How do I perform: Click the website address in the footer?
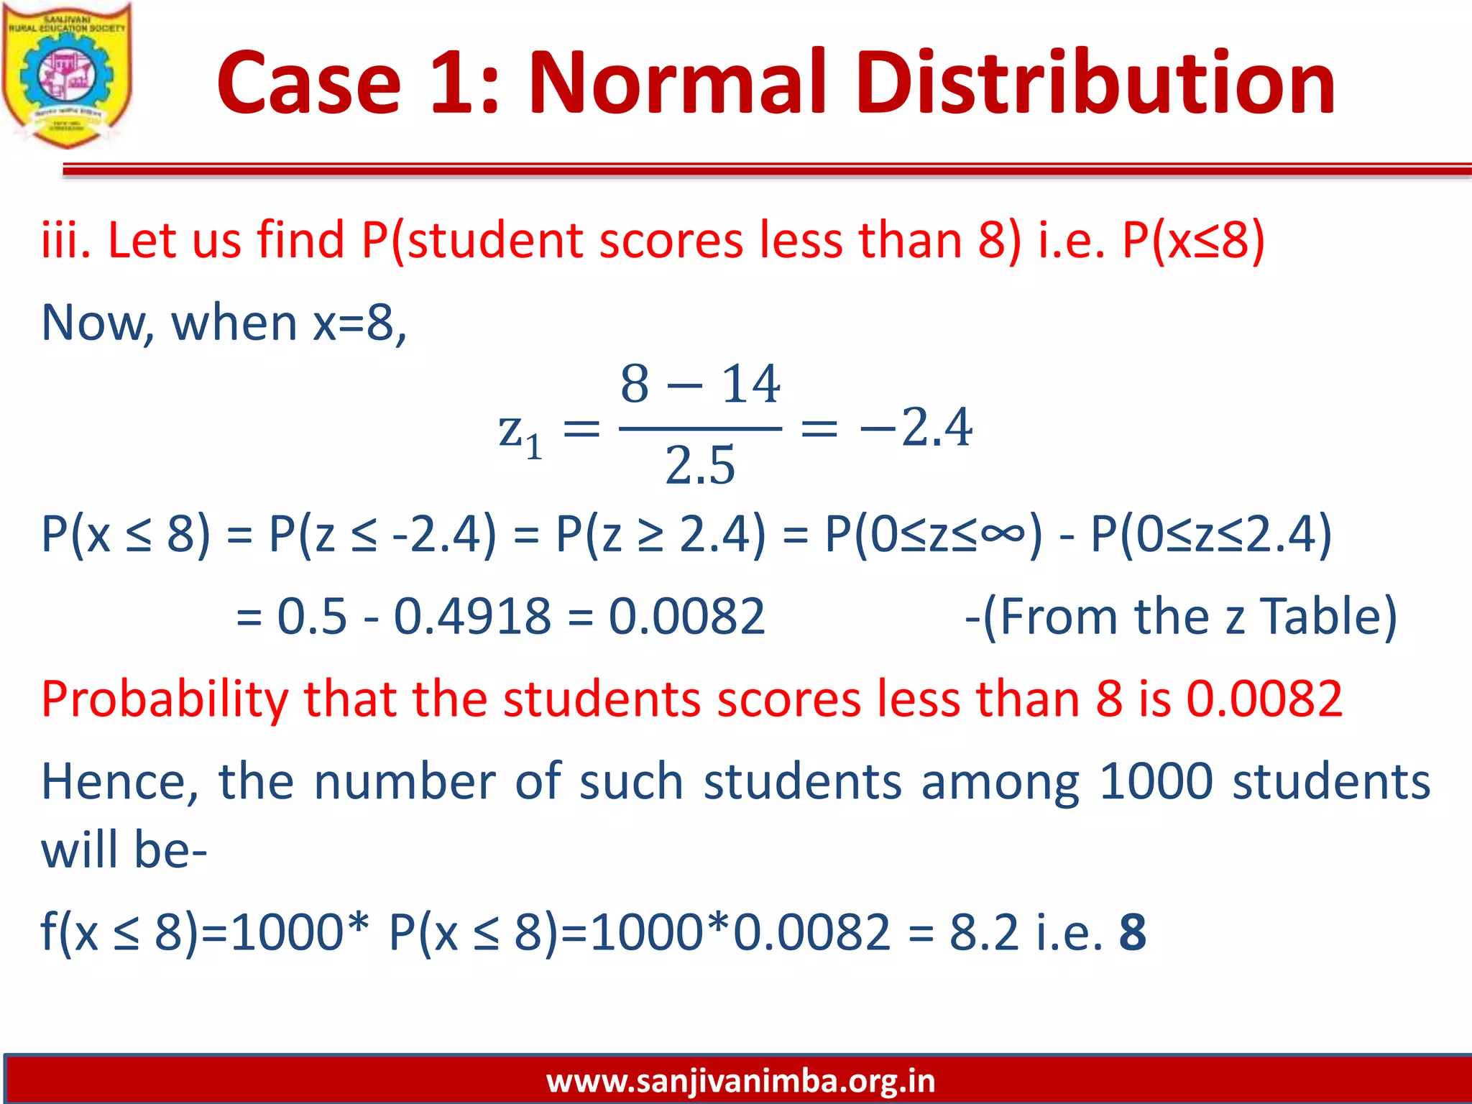point(740,1080)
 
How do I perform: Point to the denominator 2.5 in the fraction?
point(700,466)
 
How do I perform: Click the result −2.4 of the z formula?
point(916,428)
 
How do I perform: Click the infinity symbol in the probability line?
point(1002,533)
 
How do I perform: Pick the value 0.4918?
point(472,617)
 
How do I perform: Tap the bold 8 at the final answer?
point(1133,932)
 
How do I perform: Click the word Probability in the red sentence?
point(165,699)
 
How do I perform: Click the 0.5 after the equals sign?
point(312,617)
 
